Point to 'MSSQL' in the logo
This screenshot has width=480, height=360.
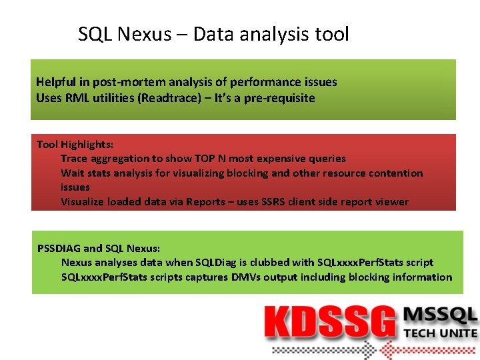(x=441, y=315)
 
